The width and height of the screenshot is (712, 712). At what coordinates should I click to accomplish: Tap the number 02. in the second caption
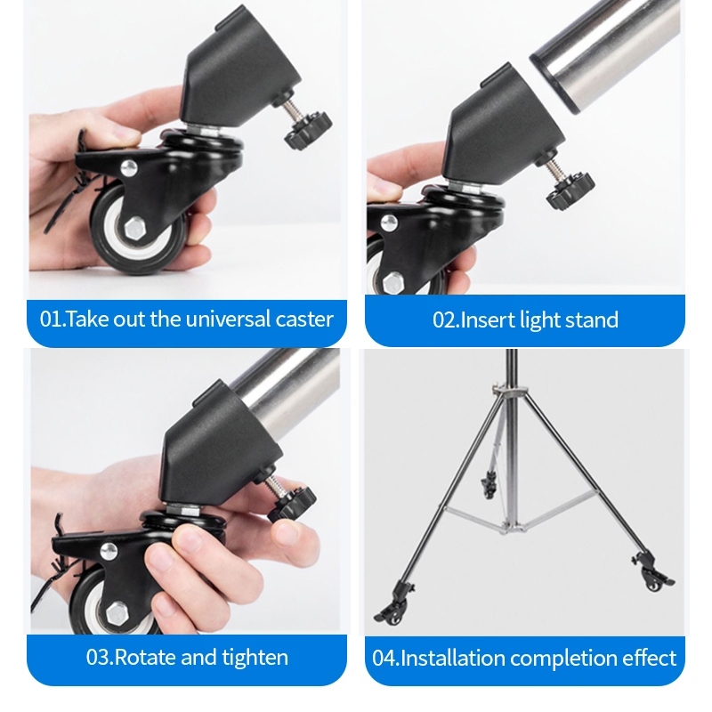click(446, 320)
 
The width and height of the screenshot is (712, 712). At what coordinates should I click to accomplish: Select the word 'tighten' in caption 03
click(255, 658)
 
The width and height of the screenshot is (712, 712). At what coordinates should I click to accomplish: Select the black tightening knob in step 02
click(570, 191)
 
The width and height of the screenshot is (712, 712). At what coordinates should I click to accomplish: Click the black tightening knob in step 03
click(291, 504)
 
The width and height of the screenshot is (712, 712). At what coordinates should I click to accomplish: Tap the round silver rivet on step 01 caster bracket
click(129, 168)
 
